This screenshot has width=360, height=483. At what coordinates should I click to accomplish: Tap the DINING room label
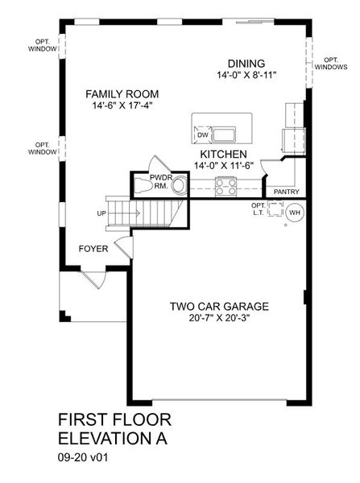(246, 64)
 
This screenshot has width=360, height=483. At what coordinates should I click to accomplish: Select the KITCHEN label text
(224, 153)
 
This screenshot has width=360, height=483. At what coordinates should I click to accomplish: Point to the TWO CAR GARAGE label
(218, 306)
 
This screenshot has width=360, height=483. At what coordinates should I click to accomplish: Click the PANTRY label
(287, 192)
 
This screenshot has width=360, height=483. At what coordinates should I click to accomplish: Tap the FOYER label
(93, 249)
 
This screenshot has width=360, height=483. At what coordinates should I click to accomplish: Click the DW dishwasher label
(201, 135)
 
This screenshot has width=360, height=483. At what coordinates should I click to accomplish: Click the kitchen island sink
(222, 133)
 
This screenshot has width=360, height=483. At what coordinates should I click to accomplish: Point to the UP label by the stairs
(101, 213)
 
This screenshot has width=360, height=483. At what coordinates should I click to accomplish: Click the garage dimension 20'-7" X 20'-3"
(218, 318)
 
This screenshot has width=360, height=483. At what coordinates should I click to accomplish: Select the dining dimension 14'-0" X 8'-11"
(246, 76)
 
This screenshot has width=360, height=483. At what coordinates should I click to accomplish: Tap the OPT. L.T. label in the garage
(258, 209)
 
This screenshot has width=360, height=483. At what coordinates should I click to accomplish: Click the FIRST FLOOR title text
(114, 421)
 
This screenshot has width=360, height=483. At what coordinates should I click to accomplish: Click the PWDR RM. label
(159, 182)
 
